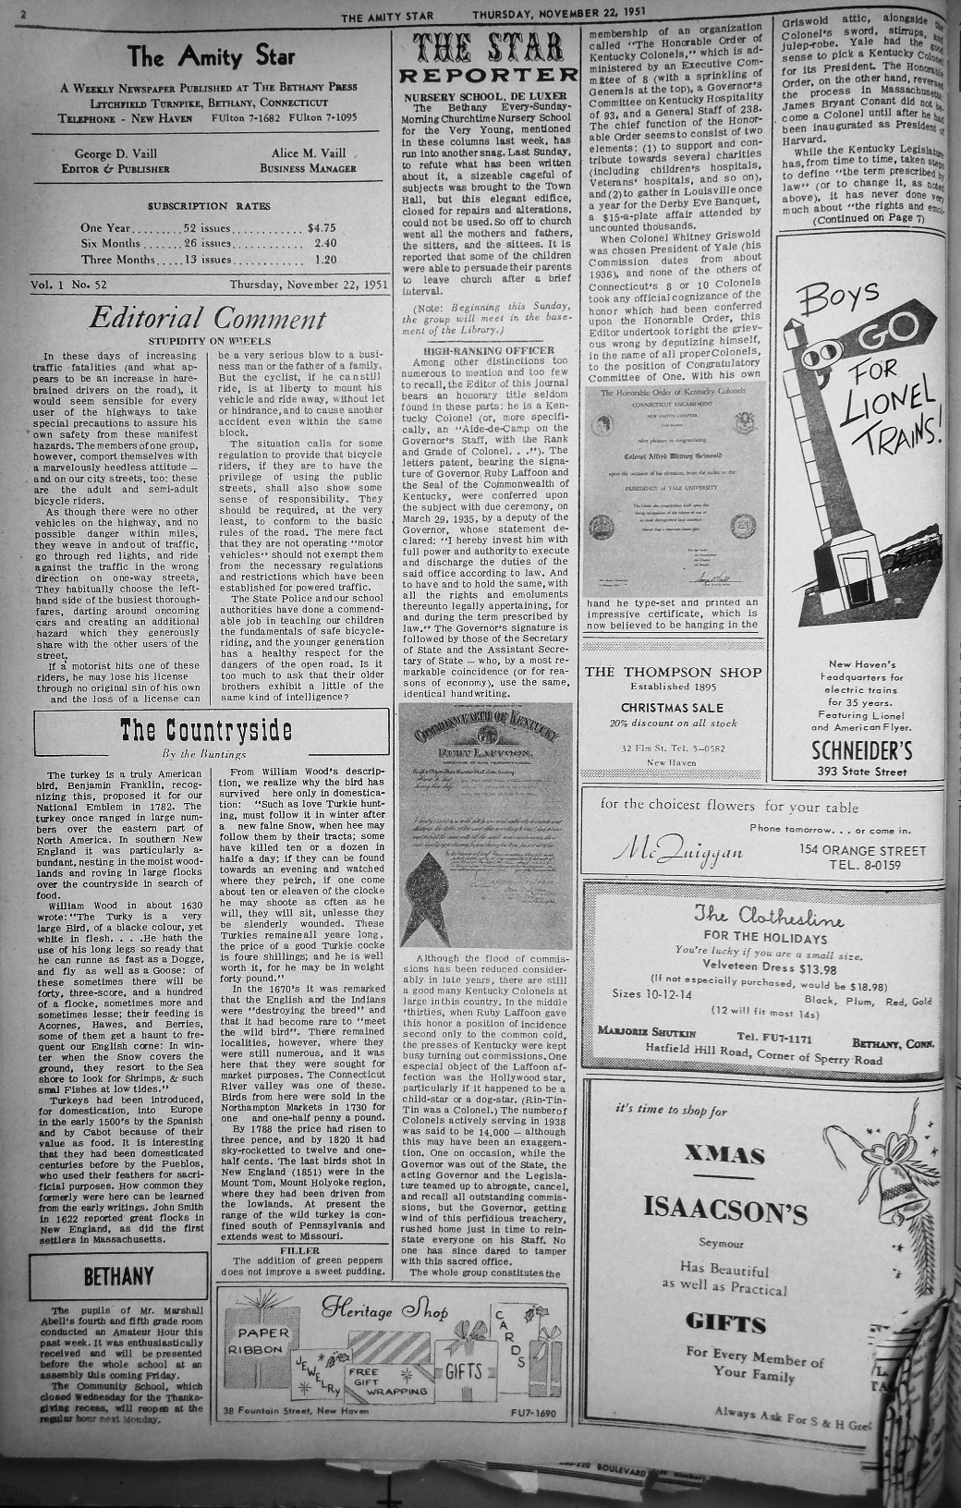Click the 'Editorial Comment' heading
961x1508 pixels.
pos(207,320)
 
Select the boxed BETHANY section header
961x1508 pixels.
pos(118,1278)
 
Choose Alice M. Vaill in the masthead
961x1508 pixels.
pos(309,154)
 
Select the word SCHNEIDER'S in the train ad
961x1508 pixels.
pos(861,749)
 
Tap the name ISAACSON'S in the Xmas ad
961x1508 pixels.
pos(726,1211)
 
